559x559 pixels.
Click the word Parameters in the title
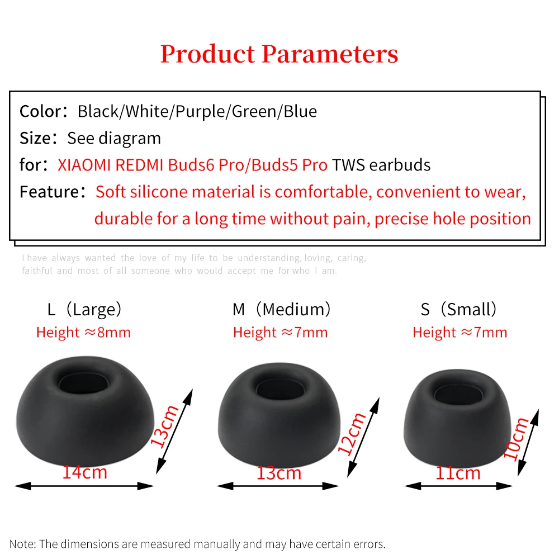330,54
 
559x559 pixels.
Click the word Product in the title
207,54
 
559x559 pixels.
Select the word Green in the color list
254,111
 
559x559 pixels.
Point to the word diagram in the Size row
130,138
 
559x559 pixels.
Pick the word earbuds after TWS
400,165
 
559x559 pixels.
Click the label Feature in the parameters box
49,192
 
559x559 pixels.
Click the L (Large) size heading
84,310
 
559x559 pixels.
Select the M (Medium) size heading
282,310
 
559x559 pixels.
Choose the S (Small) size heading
459,310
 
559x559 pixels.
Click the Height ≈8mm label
83,333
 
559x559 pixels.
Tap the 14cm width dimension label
85,472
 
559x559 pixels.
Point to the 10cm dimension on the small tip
516,439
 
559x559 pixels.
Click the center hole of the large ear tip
84,385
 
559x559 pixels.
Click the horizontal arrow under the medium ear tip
278,486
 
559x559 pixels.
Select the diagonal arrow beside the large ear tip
174,432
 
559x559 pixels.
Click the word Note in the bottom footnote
22,544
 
